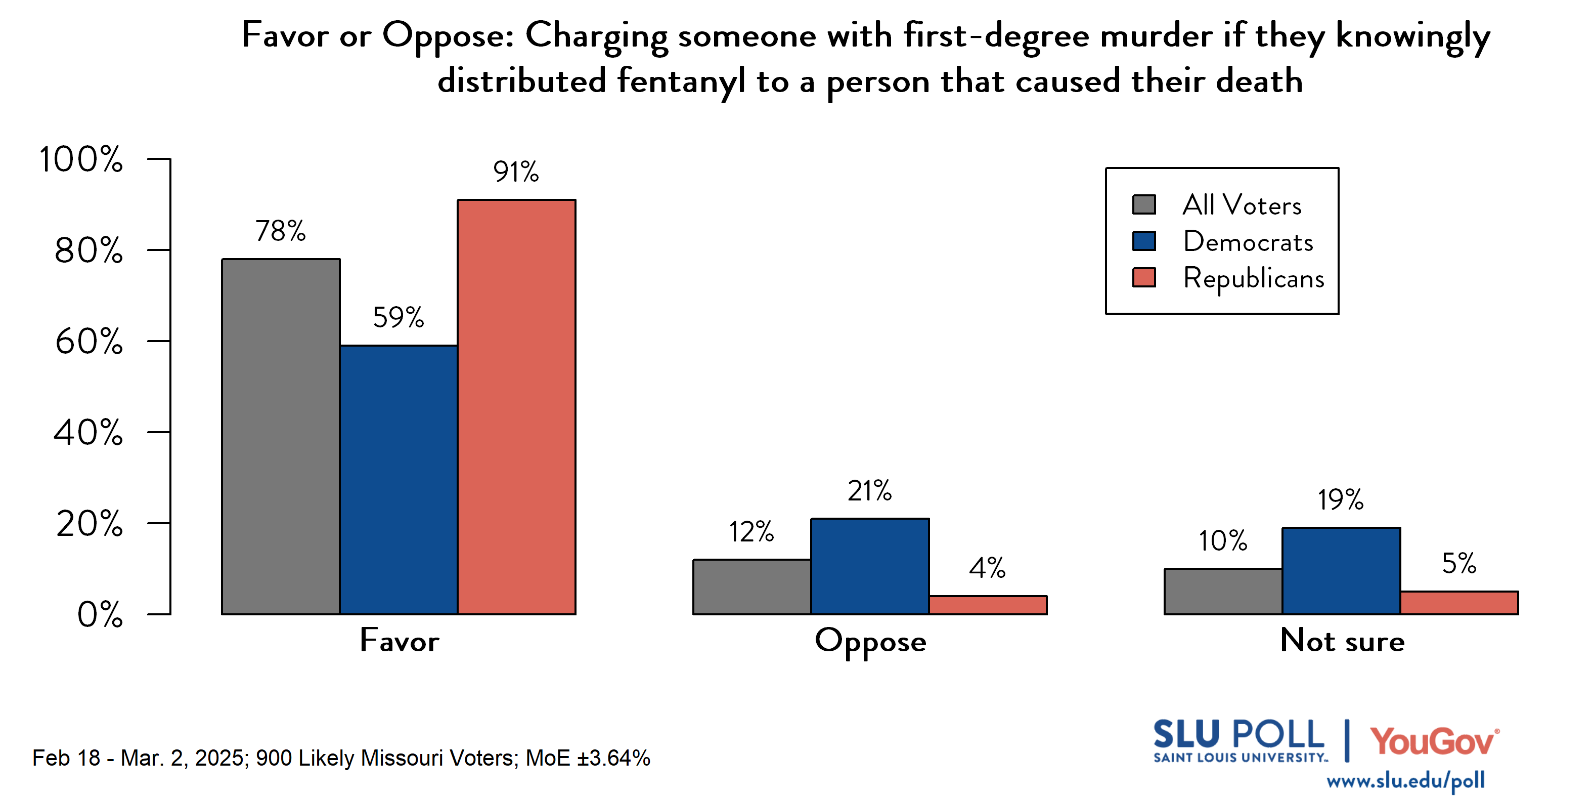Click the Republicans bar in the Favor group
pyautogui.click(x=516, y=406)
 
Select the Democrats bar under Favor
pyautogui.click(x=399, y=480)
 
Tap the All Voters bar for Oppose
pyautogui.click(x=751, y=586)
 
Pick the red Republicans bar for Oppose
pyautogui.click(x=988, y=605)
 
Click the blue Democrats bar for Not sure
pyautogui.click(x=1341, y=570)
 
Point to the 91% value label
pyautogui.click(x=516, y=172)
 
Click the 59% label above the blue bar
pyautogui.click(x=399, y=317)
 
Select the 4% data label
pyautogui.click(x=987, y=568)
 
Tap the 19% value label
pyautogui.click(x=1340, y=500)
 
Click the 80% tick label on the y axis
pyautogui.click(x=88, y=250)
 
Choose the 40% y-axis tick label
pyautogui.click(x=88, y=433)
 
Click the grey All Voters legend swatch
pyautogui.click(x=1143, y=205)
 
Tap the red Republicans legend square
pyautogui.click(x=1143, y=278)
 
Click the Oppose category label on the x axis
pyautogui.click(x=870, y=642)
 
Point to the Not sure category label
pyautogui.click(x=1342, y=641)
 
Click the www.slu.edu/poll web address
pyautogui.click(x=1405, y=780)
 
